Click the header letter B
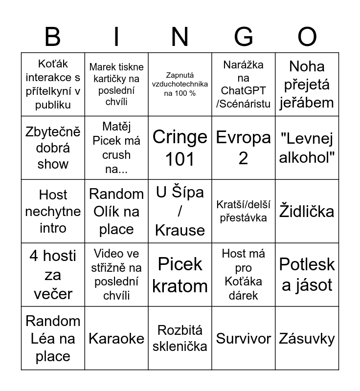pos(52,37)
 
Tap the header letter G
pos(244,37)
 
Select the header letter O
pos(307,37)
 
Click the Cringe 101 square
pos(180,148)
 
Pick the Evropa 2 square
pos(244,148)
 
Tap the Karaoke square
pos(116,338)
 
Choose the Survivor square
pos(244,338)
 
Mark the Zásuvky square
pos(307,338)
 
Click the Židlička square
pos(307,211)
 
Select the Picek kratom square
pos(180,275)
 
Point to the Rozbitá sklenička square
pos(180,338)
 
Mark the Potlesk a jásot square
pos(307,275)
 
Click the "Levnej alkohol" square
pos(307,148)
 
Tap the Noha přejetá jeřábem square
pos(307,84)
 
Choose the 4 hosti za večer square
pos(53,275)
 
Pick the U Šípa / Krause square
pos(180,211)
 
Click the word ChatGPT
pos(243,90)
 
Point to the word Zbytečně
pos(53,132)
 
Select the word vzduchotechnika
pos(180,84)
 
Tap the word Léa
pos(45,338)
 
